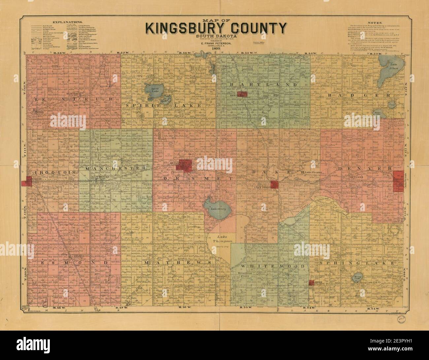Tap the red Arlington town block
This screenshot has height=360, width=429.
point(398,181)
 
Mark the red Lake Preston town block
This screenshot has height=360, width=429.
point(275,185)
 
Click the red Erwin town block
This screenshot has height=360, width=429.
point(244,94)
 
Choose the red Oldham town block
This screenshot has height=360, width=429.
point(311,283)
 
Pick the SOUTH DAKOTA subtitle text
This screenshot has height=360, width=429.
point(216,36)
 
